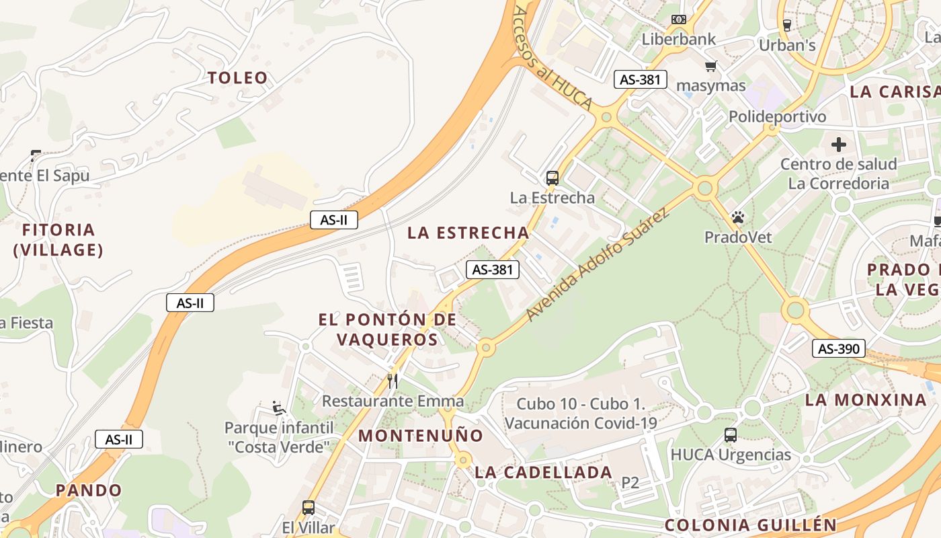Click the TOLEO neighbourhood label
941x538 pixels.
238,78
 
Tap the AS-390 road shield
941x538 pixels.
838,348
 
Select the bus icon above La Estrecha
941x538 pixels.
552,178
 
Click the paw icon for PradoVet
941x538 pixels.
738,217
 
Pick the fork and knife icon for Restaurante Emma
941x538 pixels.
393,381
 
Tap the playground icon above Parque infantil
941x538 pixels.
278,408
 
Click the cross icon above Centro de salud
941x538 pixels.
838,144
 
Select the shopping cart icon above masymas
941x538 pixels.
710,66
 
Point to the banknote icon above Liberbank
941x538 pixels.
679,20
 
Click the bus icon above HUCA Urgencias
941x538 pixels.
731,435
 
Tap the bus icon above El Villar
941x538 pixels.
309,508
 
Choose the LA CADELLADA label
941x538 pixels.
543,473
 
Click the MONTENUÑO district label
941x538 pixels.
421,436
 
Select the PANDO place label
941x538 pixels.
89,490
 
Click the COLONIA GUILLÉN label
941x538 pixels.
751,525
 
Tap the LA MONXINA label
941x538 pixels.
866,400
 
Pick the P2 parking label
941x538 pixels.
630,482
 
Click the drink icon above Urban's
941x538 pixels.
786,26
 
